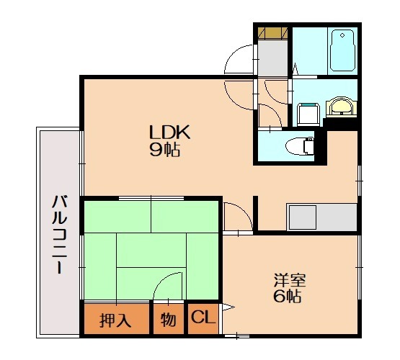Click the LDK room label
click(x=169, y=132)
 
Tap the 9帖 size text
click(x=165, y=149)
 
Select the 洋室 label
click(x=290, y=281)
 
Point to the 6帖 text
click(x=288, y=296)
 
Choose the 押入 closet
click(x=117, y=319)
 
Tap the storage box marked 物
click(x=169, y=319)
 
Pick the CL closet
click(x=203, y=318)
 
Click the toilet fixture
click(x=300, y=146)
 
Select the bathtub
click(x=342, y=51)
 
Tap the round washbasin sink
click(x=340, y=107)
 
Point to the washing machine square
click(x=308, y=114)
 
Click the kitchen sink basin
click(x=303, y=217)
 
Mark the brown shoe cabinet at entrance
click(x=272, y=33)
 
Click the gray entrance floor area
click(x=272, y=58)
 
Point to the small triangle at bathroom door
click(x=295, y=69)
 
